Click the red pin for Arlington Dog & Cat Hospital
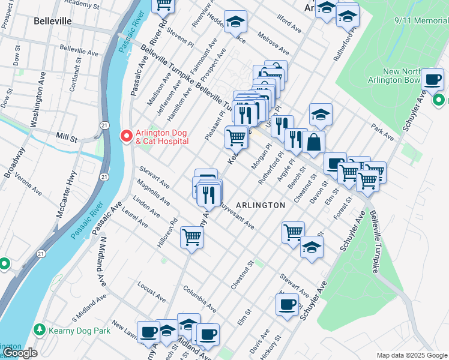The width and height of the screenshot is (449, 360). click(x=126, y=136)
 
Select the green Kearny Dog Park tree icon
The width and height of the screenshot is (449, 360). click(x=40, y=330)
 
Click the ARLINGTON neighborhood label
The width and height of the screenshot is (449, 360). click(x=261, y=205)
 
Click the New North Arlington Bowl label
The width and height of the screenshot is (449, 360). click(x=408, y=76)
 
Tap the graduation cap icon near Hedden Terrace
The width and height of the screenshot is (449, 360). click(x=235, y=22)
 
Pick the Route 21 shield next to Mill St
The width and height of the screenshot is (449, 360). click(x=104, y=125)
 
